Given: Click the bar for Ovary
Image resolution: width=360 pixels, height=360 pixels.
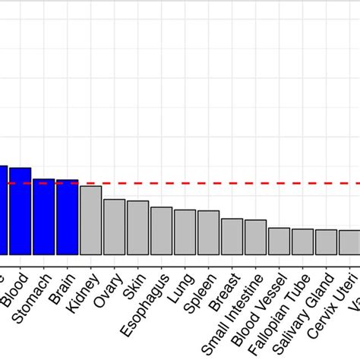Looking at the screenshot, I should (x=115, y=227).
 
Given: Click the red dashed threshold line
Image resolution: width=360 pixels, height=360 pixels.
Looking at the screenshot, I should (x=228, y=183).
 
